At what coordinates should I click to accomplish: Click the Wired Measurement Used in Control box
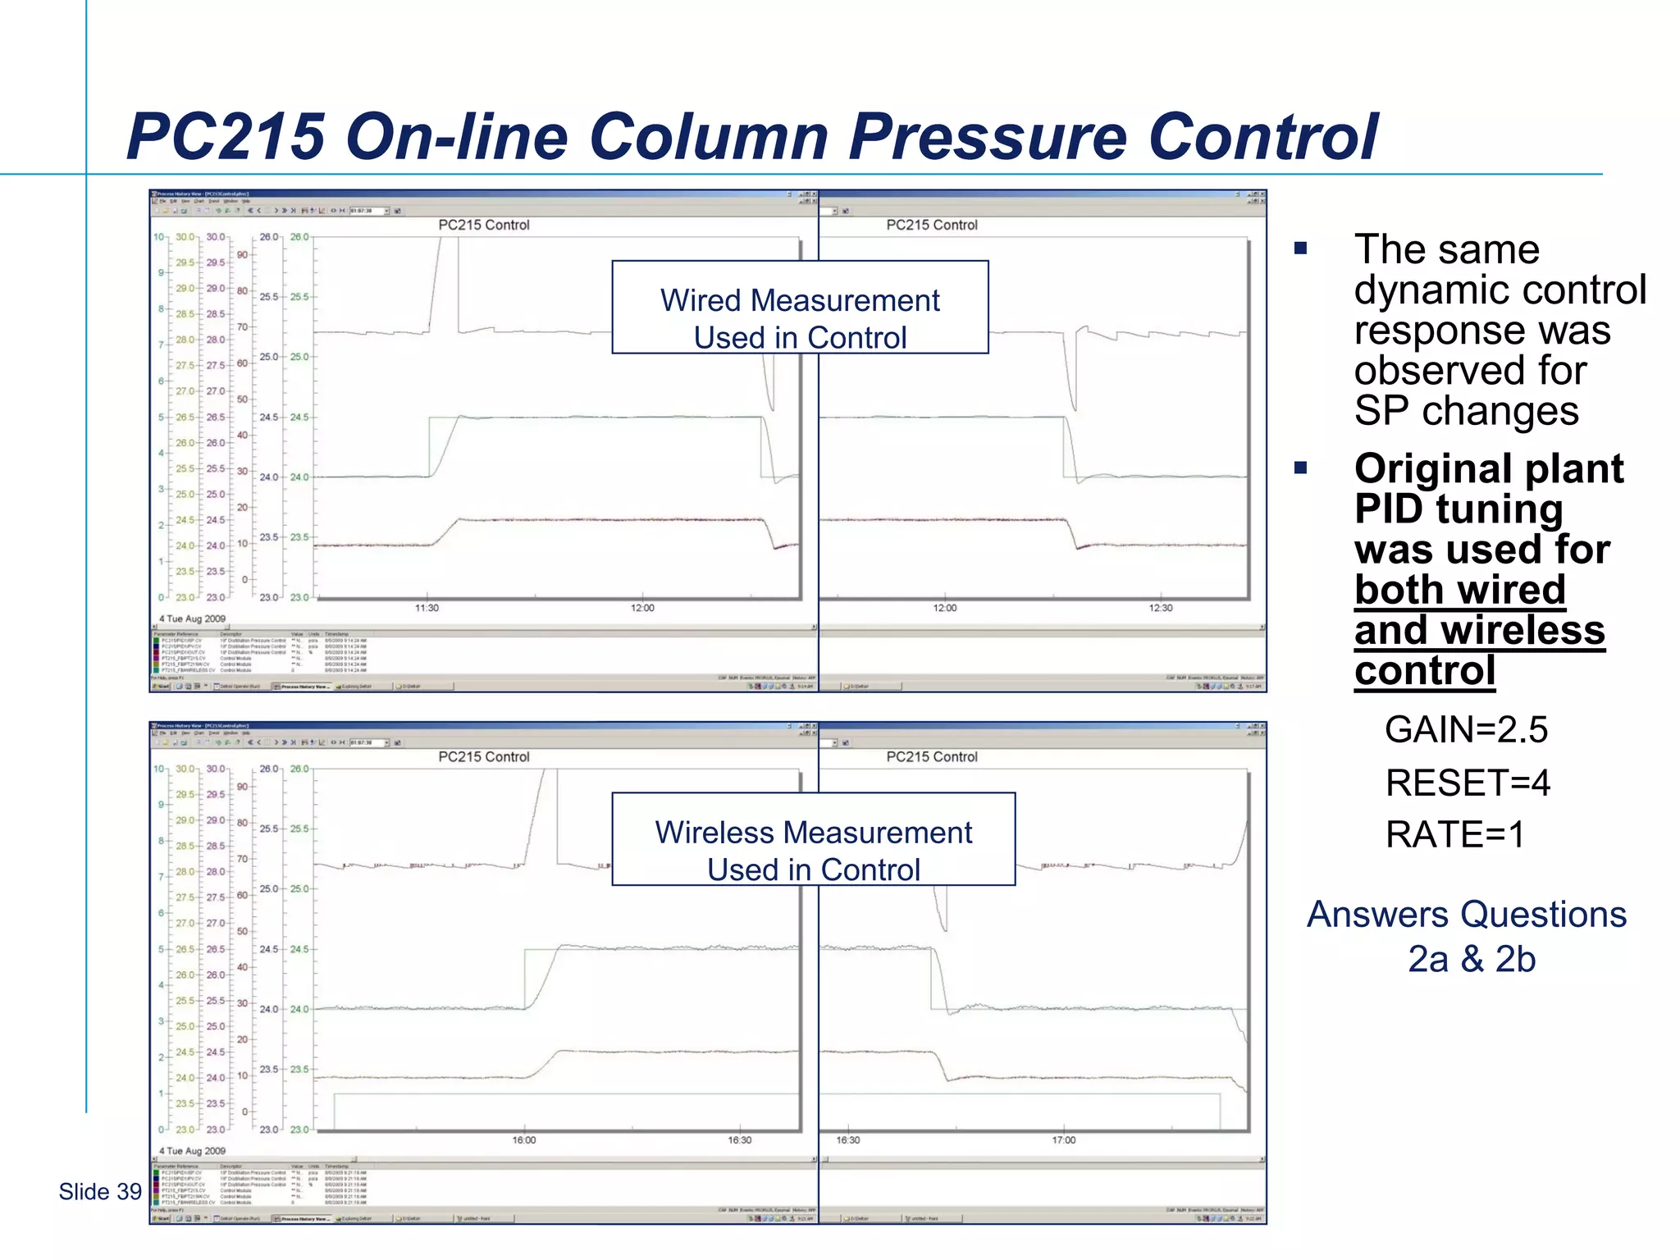[800, 308]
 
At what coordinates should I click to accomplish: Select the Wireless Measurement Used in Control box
[813, 839]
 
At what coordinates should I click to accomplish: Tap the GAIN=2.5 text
[1466, 729]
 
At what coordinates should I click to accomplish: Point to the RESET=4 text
[1468, 783]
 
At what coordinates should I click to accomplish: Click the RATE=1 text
[1454, 834]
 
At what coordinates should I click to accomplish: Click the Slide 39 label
[100, 1191]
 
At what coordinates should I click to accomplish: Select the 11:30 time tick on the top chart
[427, 608]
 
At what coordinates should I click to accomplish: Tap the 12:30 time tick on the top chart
[1160, 608]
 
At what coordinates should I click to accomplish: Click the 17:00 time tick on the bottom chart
[1063, 1140]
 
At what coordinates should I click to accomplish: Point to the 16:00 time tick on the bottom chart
[524, 1140]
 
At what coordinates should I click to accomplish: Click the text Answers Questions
[1466, 914]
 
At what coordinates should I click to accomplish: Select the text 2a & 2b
[1472, 959]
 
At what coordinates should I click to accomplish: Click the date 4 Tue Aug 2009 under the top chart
[192, 619]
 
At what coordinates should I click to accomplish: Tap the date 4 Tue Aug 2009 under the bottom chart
[192, 1151]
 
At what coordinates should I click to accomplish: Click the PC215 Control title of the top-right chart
[932, 225]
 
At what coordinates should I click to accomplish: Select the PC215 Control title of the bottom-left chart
[484, 756]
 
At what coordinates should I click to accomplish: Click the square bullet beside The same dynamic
[1300, 249]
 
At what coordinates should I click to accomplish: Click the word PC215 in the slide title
[226, 136]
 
